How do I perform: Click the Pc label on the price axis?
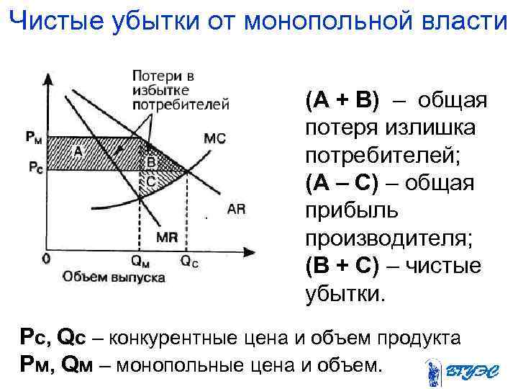tap(35, 166)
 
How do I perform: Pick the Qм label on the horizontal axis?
tap(141, 262)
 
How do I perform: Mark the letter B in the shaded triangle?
tap(150, 163)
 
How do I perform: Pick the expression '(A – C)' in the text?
tap(342, 183)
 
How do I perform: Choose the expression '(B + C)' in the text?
tap(342, 266)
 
